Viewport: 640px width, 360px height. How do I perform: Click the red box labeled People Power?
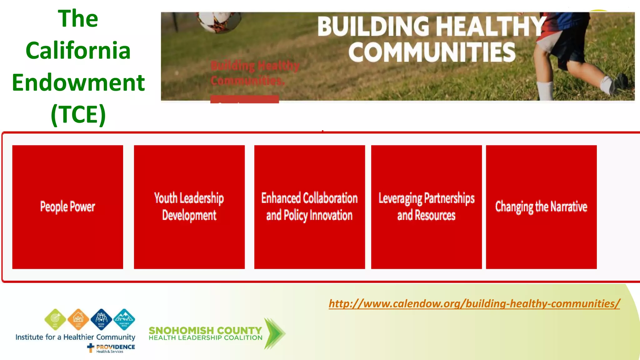pyautogui.click(x=67, y=207)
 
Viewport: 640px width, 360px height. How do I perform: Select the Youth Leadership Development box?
pyautogui.click(x=189, y=207)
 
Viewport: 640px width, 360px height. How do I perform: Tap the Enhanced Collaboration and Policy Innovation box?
pyautogui.click(x=309, y=207)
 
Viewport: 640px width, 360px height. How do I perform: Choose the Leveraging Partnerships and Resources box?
pyautogui.click(x=426, y=207)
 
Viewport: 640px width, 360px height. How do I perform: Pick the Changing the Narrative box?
pyautogui.click(x=541, y=207)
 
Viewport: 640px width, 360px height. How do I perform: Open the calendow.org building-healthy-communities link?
pyautogui.click(x=474, y=303)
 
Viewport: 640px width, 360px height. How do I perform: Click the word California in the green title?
pyautogui.click(x=78, y=50)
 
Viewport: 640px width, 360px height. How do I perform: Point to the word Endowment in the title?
pyautogui.click(x=78, y=82)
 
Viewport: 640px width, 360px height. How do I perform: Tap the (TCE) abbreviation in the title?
pyautogui.click(x=78, y=114)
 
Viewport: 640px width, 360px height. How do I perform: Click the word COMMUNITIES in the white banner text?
pyautogui.click(x=432, y=52)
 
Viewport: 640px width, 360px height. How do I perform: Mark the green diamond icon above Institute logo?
pyautogui.click(x=55, y=319)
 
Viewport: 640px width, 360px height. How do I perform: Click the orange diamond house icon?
pyautogui.click(x=78, y=319)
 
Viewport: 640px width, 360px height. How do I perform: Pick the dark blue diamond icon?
pyautogui.click(x=101, y=319)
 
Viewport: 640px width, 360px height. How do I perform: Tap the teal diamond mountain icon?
pyautogui.click(x=124, y=319)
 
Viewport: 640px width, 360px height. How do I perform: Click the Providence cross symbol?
pyautogui.click(x=91, y=347)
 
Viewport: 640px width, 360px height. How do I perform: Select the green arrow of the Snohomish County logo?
pyautogui.click(x=274, y=333)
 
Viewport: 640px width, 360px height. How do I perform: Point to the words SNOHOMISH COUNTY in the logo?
pyautogui.click(x=205, y=330)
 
